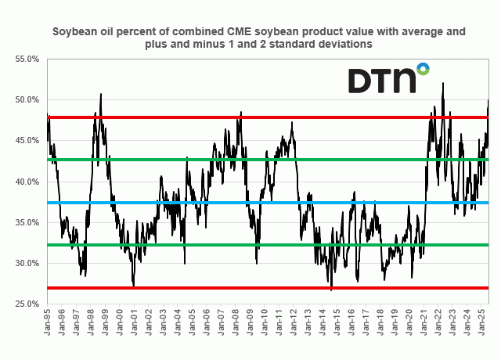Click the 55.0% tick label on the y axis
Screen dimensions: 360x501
27,59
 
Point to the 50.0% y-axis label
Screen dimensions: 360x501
27,100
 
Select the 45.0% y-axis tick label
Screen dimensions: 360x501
27,141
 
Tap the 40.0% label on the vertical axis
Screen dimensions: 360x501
27,182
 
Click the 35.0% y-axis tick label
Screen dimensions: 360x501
27,222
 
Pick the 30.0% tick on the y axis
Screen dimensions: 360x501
27,263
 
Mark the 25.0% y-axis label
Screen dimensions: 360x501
27,304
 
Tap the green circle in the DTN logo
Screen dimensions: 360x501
423,69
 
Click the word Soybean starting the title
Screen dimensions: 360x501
74,32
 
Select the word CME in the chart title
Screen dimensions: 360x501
240,32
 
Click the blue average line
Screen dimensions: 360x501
235,203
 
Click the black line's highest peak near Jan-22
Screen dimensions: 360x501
443,83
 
